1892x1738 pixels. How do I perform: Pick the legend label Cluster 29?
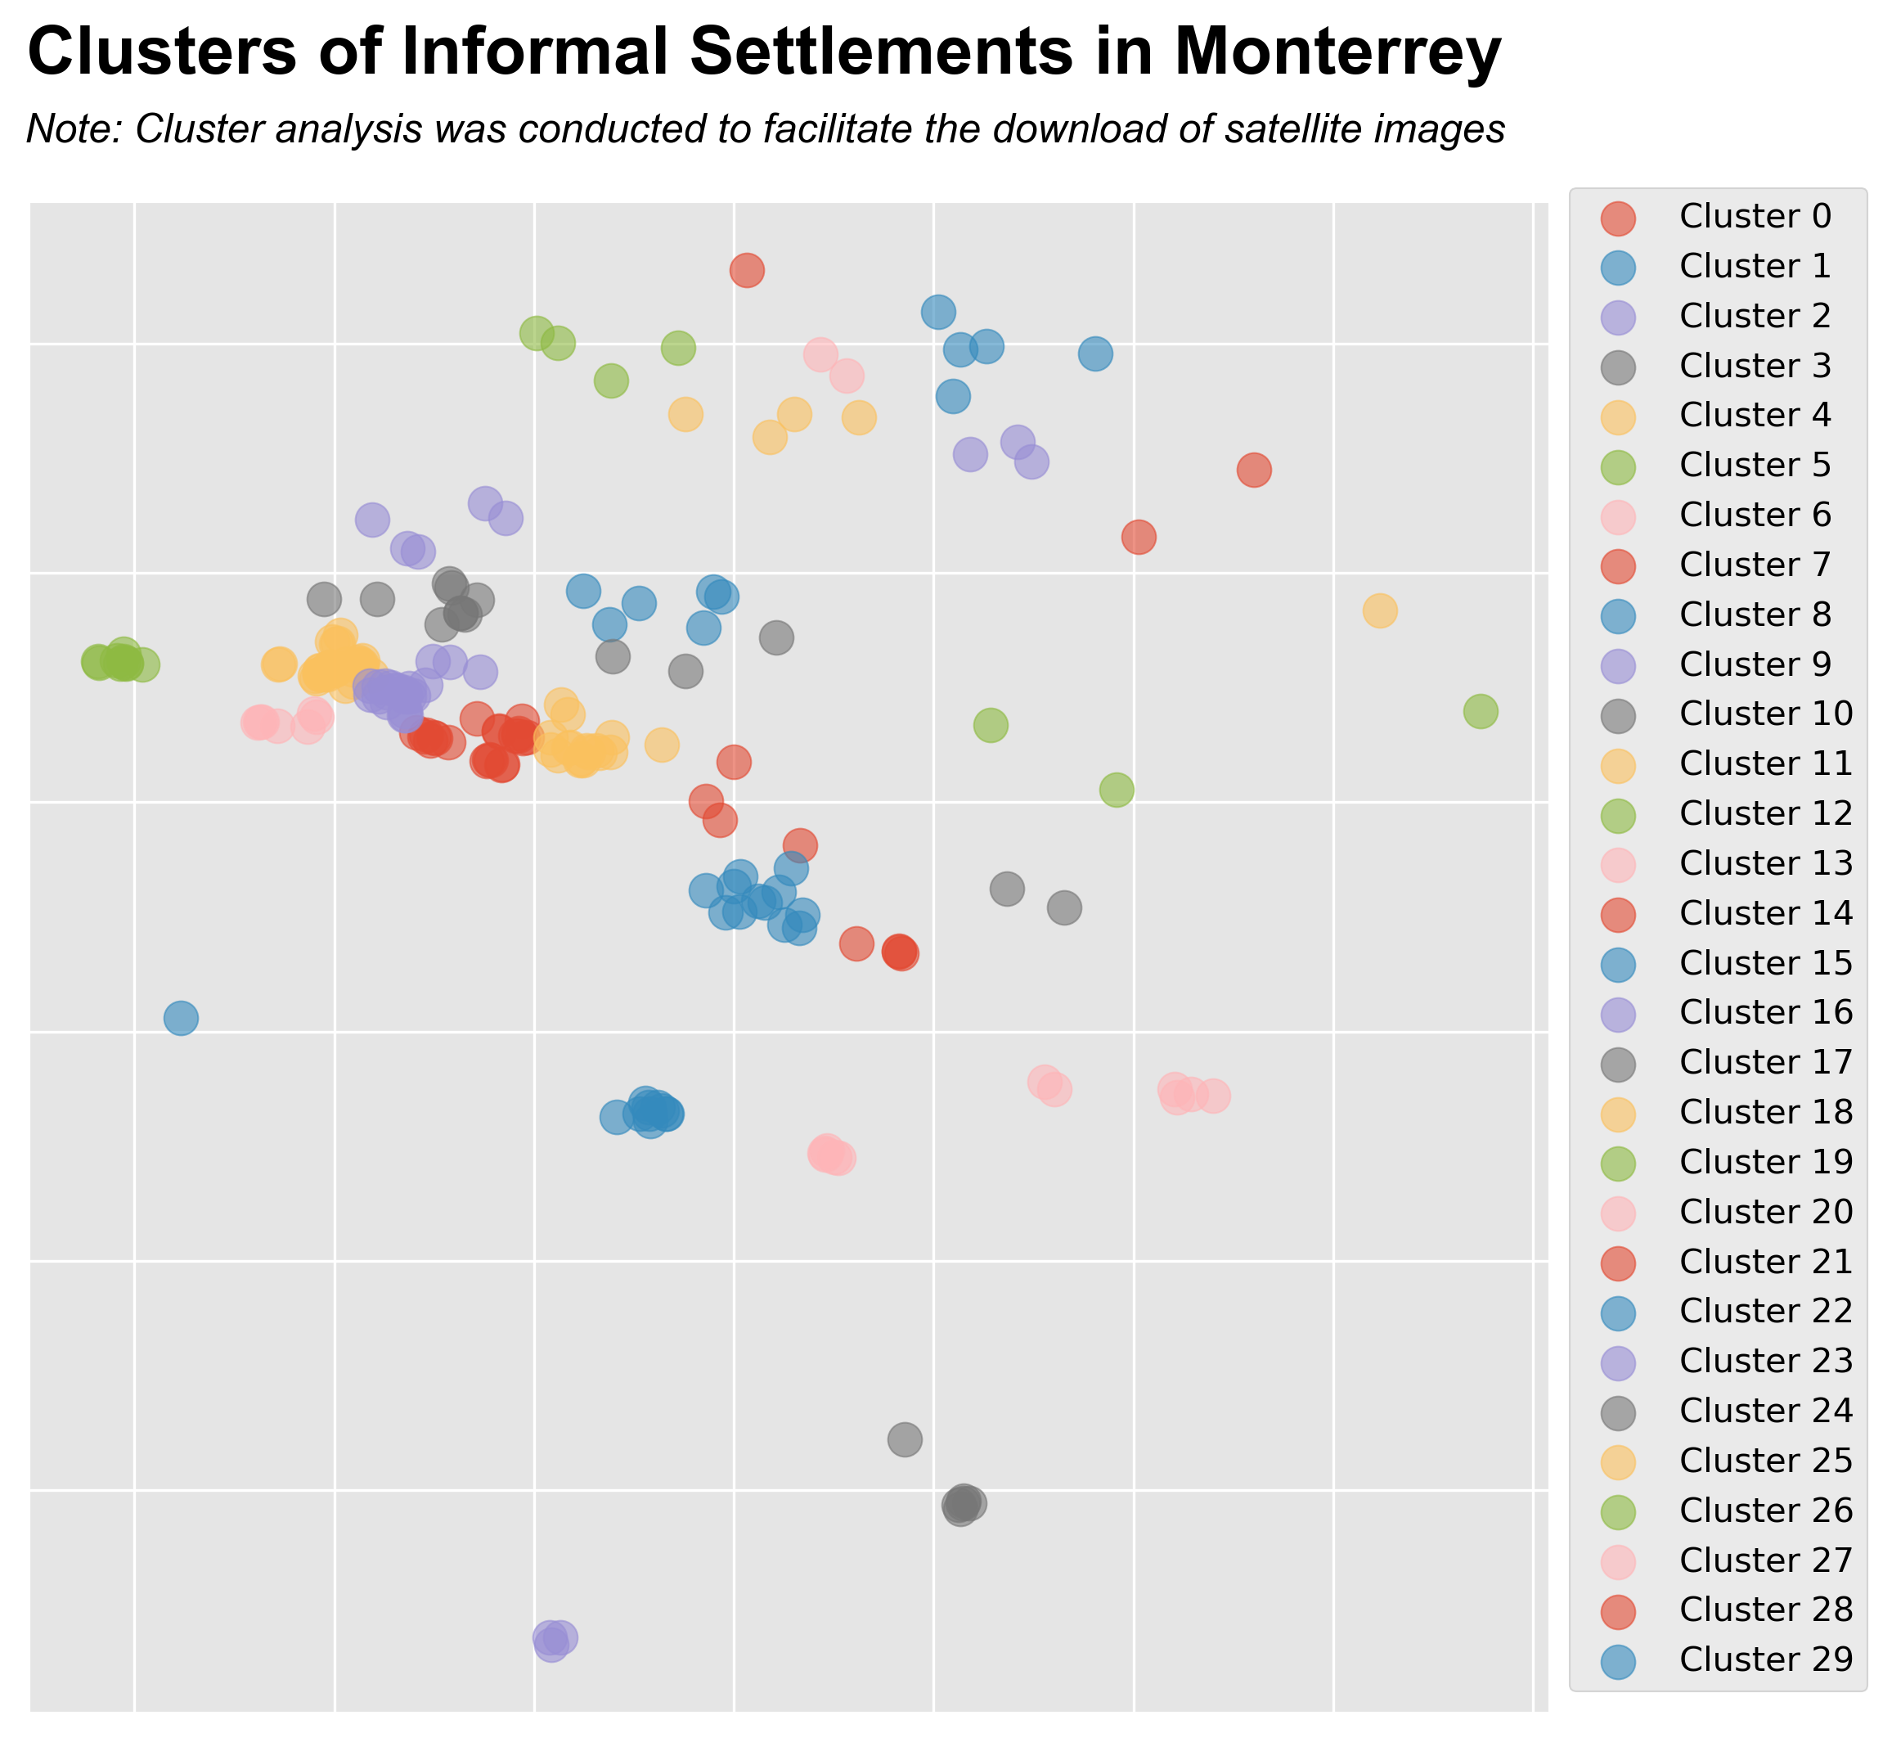(x=1765, y=1659)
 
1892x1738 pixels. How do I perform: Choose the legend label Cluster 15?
(x=1765, y=963)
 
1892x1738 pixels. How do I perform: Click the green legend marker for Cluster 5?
(x=1618, y=466)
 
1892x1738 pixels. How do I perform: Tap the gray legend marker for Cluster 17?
(x=1618, y=1063)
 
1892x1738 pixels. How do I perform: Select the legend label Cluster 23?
(x=1765, y=1361)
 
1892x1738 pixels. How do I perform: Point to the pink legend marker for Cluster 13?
(x=1618, y=863)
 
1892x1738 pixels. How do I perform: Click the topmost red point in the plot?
(x=747, y=271)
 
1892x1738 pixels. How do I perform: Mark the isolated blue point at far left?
(x=182, y=1018)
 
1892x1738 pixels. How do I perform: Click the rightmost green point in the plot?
(x=1480, y=711)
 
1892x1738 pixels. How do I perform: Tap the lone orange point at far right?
(x=1379, y=610)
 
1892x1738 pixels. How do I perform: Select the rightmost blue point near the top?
(x=1095, y=353)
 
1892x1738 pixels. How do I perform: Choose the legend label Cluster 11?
(x=1765, y=763)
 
